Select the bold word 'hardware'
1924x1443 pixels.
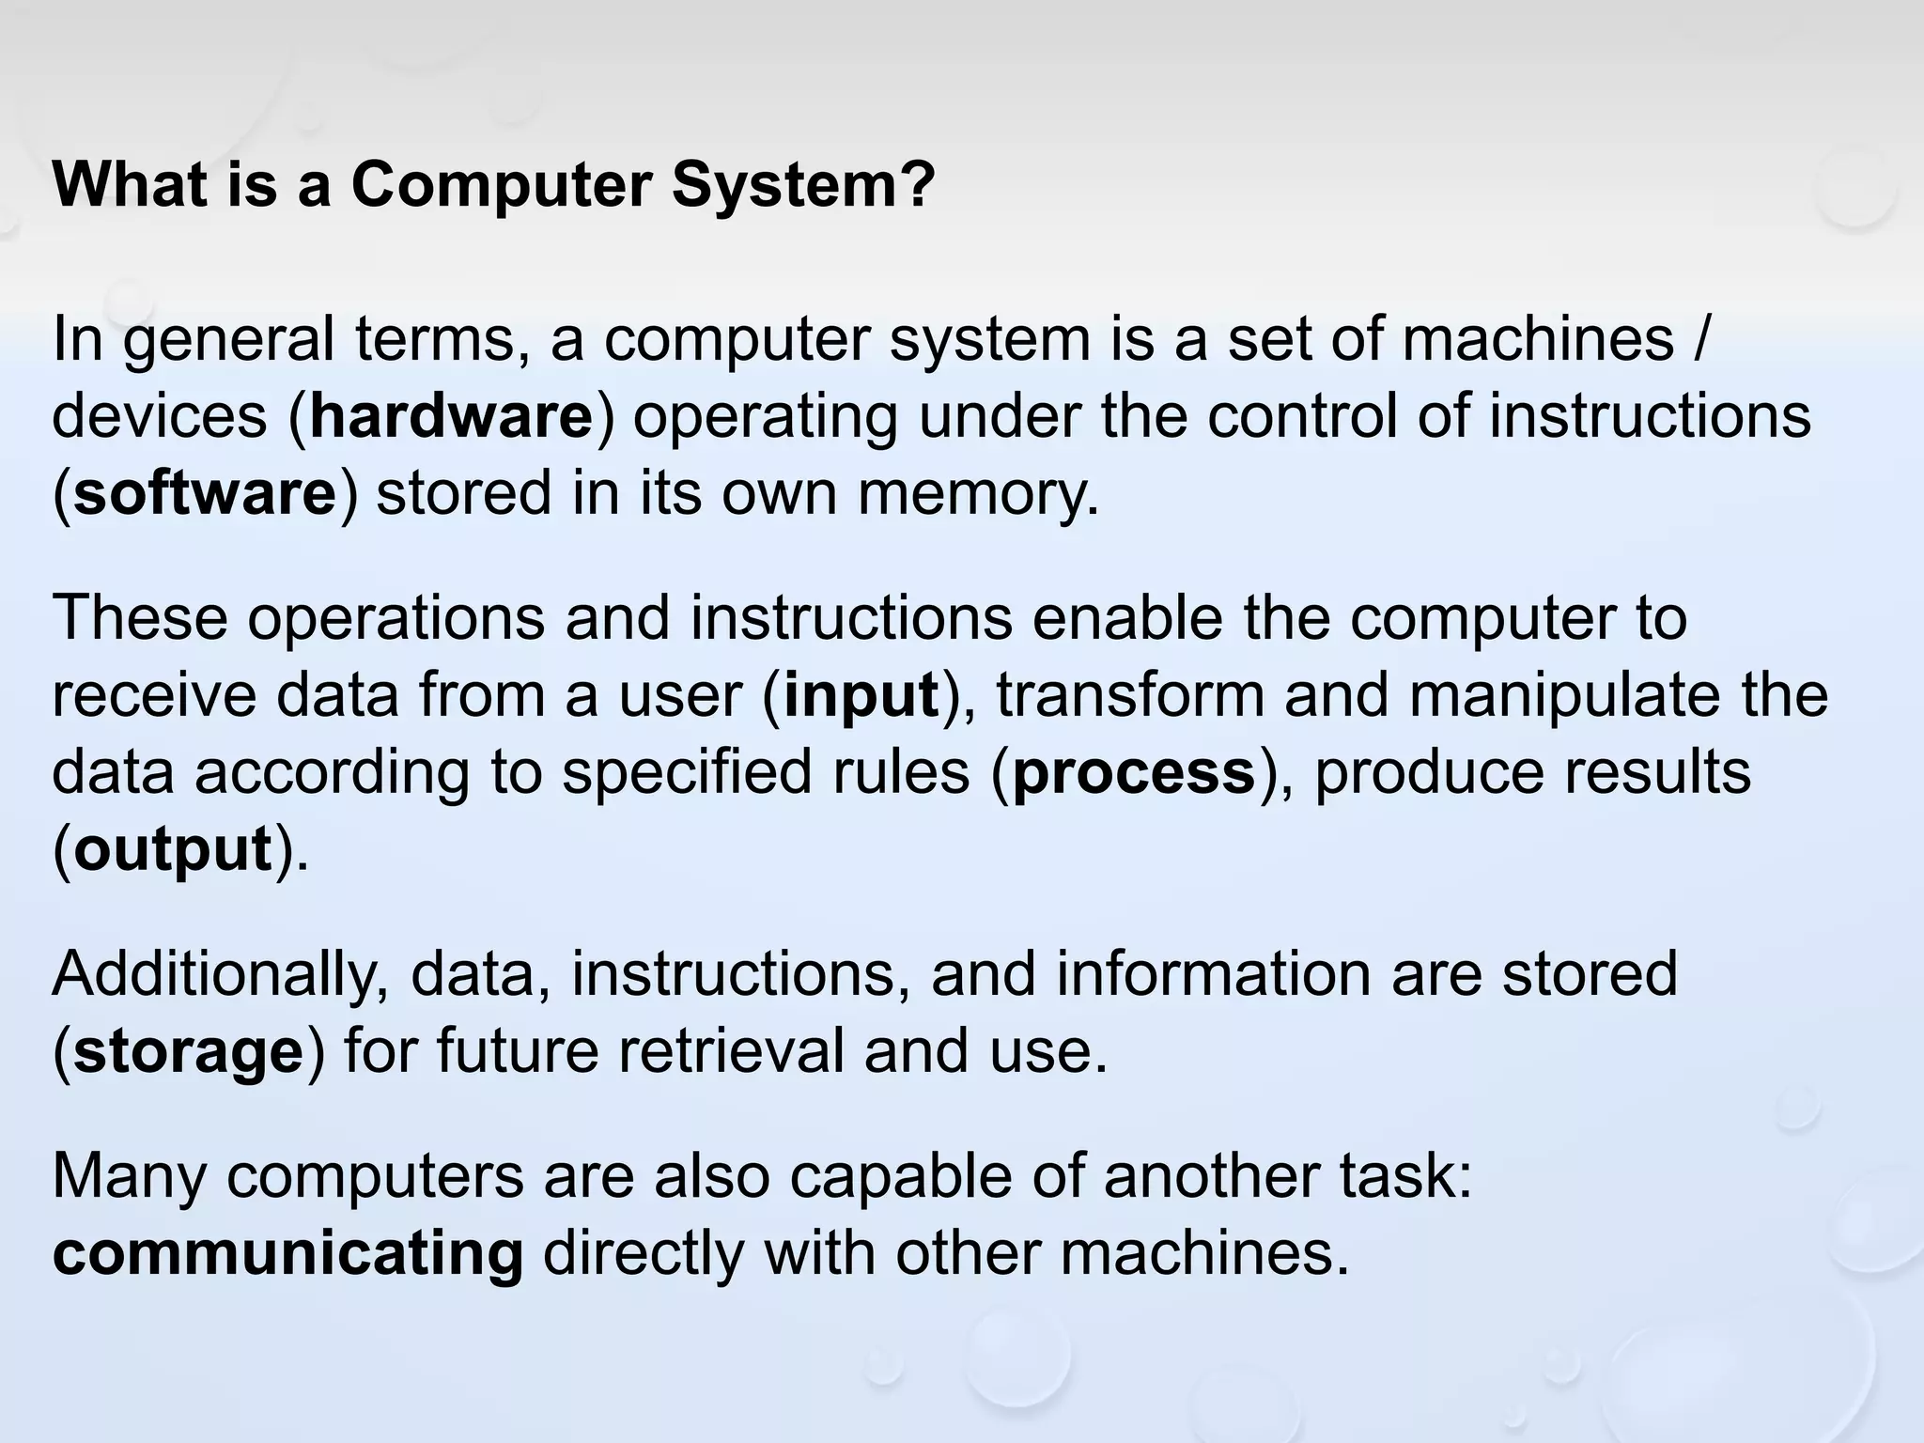pos(452,416)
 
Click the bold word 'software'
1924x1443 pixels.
pos(205,493)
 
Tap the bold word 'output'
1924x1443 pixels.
pos(173,850)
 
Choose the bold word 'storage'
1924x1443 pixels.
pos(188,1052)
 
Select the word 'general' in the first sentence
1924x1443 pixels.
pos(228,340)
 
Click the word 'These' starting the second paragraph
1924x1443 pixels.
pos(139,617)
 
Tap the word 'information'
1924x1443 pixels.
pos(1213,974)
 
